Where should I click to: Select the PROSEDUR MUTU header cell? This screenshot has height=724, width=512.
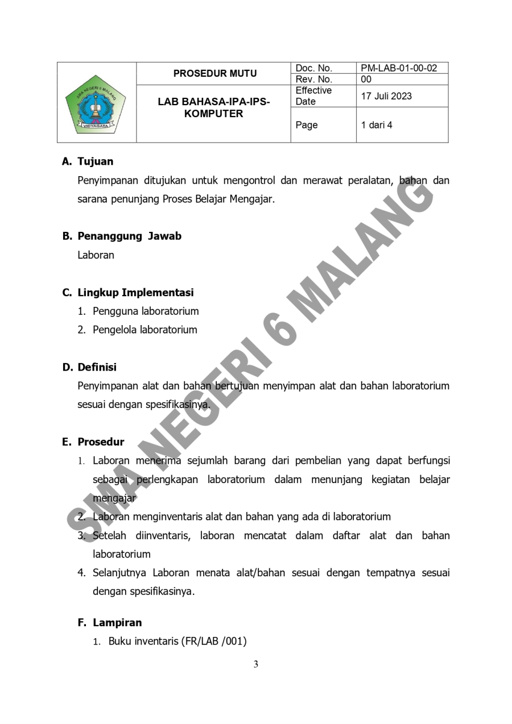coord(214,73)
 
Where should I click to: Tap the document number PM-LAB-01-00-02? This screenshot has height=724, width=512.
coord(399,68)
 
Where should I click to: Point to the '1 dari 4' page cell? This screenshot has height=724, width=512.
coord(377,125)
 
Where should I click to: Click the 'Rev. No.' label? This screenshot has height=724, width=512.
coord(313,80)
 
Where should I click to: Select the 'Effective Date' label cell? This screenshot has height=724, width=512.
coord(313,96)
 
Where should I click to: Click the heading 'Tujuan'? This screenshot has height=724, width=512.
coord(95,161)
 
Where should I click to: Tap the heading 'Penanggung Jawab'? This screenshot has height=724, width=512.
coord(129,236)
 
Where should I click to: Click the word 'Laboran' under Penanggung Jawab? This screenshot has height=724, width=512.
coord(96,255)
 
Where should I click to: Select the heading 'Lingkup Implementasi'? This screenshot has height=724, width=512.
coord(135,293)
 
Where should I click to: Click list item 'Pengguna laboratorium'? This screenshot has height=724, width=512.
coord(146,311)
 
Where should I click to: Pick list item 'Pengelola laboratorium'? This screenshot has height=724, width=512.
coord(145,330)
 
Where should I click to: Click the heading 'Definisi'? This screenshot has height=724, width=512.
coord(97,367)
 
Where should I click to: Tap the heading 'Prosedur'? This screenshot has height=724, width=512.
coord(101,442)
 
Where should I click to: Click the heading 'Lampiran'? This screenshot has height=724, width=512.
coord(117,623)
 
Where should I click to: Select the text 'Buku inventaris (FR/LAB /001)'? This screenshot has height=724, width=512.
coord(177,642)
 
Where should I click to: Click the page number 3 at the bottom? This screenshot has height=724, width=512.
coord(256,664)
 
